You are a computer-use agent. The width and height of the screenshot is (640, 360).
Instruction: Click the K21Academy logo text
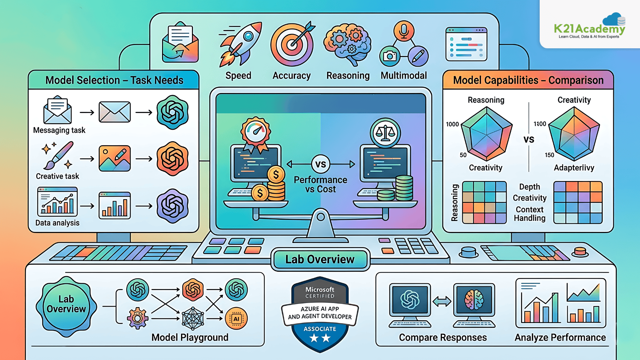pyautogui.click(x=589, y=29)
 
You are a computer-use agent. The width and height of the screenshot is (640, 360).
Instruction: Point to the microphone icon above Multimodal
pyautogui.click(x=404, y=31)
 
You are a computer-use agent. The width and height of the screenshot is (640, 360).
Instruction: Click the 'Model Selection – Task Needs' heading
pyautogui.click(x=114, y=80)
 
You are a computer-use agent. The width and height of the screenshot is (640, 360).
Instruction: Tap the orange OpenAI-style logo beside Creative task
pyautogui.click(x=172, y=159)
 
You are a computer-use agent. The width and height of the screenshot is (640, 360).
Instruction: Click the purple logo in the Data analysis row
pyautogui.click(x=172, y=206)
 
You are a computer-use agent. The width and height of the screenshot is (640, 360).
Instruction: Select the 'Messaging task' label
pyautogui.click(x=59, y=130)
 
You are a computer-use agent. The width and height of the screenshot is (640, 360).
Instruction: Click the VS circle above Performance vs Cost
pyautogui.click(x=321, y=164)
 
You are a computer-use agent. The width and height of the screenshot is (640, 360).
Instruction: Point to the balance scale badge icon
pyautogui.click(x=385, y=133)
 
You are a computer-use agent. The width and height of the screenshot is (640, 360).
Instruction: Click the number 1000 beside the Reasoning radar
pyautogui.click(x=452, y=124)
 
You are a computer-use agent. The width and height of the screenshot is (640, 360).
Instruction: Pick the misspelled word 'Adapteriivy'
pyautogui.click(x=574, y=168)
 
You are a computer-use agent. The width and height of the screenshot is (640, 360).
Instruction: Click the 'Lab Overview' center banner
pyautogui.click(x=320, y=259)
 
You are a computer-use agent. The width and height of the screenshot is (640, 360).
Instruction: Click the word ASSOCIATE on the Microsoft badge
pyautogui.click(x=320, y=329)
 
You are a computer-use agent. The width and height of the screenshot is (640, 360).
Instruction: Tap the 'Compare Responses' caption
pyautogui.click(x=443, y=338)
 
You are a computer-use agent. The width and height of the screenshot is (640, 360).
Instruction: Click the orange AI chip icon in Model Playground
pyautogui.click(x=236, y=319)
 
